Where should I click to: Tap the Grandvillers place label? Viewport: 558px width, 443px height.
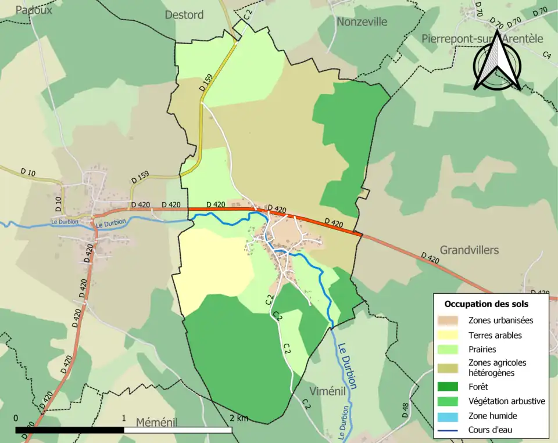[469, 250]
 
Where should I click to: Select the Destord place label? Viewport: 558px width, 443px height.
[184, 15]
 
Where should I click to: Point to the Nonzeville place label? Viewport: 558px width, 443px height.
[362, 21]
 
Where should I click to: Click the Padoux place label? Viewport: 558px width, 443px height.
[34, 10]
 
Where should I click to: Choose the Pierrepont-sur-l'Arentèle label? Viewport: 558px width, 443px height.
[482, 39]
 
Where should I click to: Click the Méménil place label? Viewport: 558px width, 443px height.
[156, 422]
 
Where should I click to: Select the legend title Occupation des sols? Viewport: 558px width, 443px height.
[486, 304]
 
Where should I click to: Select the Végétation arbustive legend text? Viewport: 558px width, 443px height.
[506, 401]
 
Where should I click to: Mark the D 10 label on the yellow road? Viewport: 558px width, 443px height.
[28, 172]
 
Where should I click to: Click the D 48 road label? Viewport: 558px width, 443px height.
[405, 410]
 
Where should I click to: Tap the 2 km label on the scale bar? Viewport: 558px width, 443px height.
[238, 418]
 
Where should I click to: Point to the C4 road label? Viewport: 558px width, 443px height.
[546, 55]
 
